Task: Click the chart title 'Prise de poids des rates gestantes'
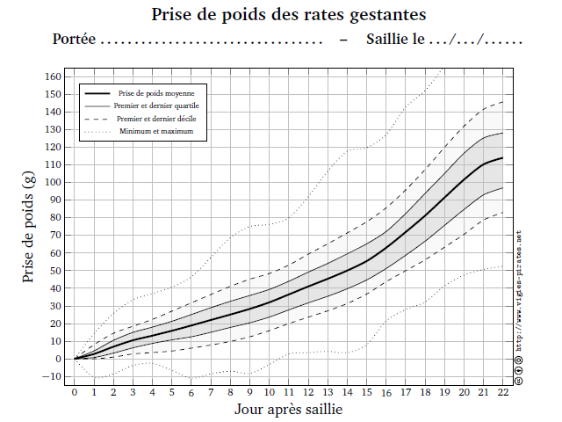click(x=289, y=15)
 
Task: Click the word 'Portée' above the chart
click(x=73, y=40)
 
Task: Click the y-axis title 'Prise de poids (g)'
click(x=29, y=227)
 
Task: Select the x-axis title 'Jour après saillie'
click(x=288, y=410)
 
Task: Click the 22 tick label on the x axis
click(x=502, y=392)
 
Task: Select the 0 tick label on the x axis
click(x=75, y=392)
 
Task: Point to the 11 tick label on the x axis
click(x=289, y=392)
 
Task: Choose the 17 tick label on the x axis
click(x=405, y=392)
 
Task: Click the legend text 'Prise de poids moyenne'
click(x=162, y=92)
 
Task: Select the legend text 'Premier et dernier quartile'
click(x=162, y=105)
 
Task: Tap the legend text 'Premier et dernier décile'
click(x=162, y=118)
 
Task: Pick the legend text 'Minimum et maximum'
click(x=162, y=131)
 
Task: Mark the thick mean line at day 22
click(x=502, y=158)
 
